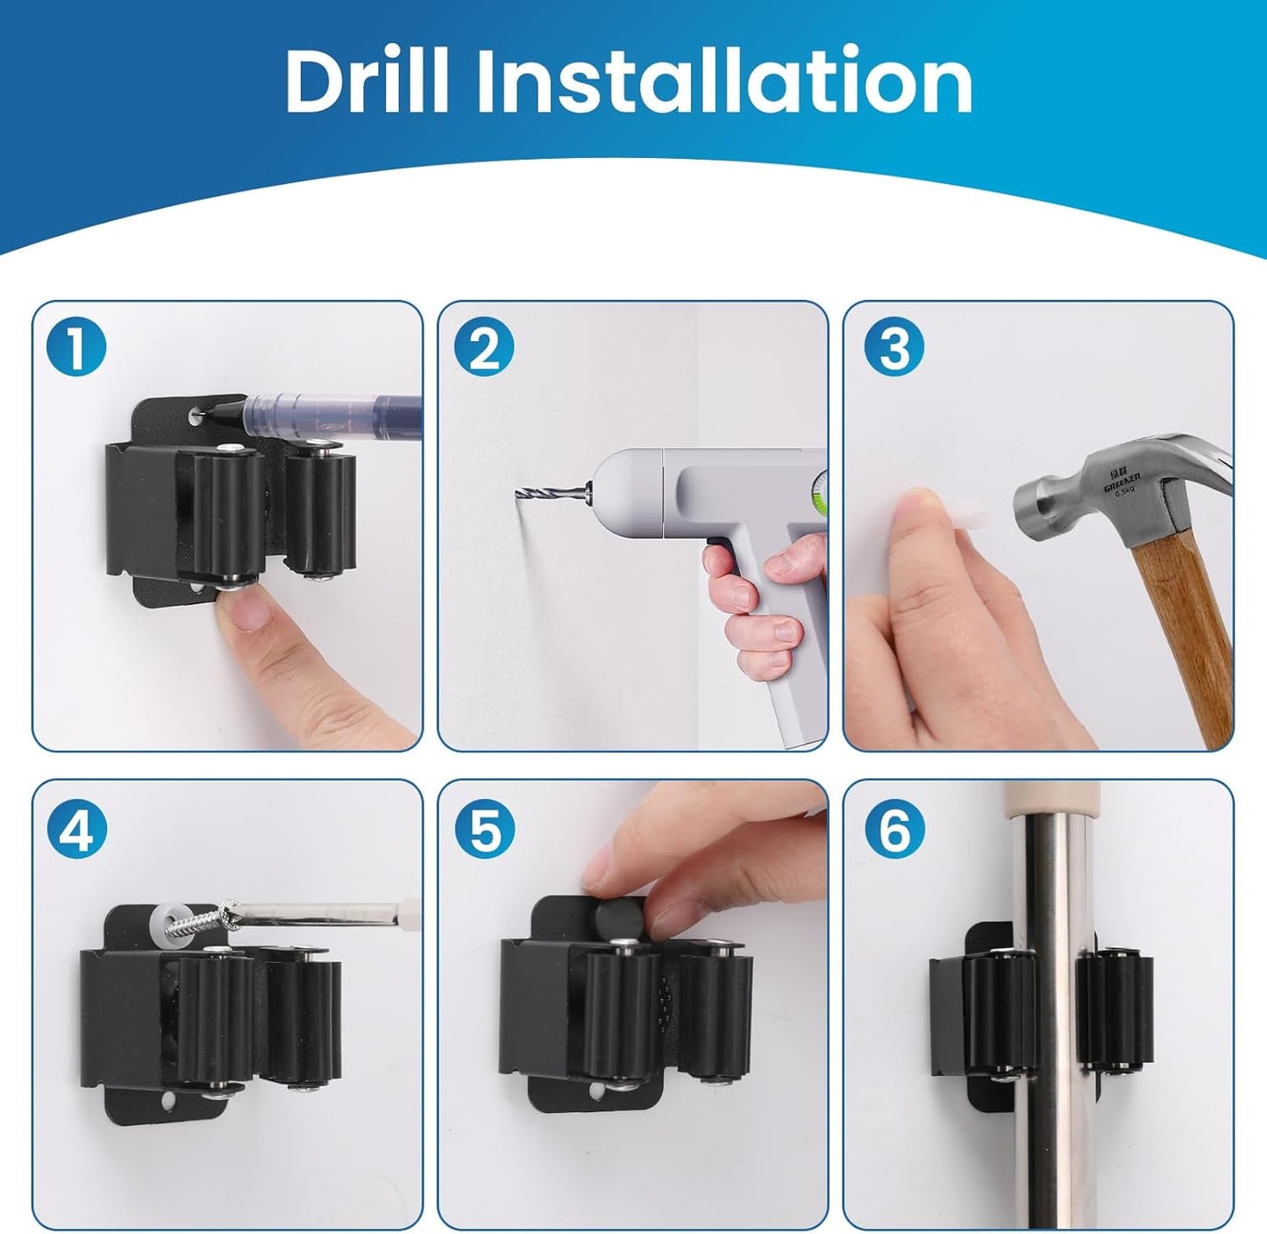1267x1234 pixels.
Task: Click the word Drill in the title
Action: pos(367,81)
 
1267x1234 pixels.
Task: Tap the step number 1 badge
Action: pos(76,347)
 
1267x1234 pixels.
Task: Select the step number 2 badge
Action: pos(483,347)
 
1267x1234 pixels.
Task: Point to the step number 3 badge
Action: pos(893,347)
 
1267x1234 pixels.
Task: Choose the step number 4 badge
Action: pos(76,829)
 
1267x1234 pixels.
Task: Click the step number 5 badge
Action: pos(483,829)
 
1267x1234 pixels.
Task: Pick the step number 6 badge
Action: pos(893,829)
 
